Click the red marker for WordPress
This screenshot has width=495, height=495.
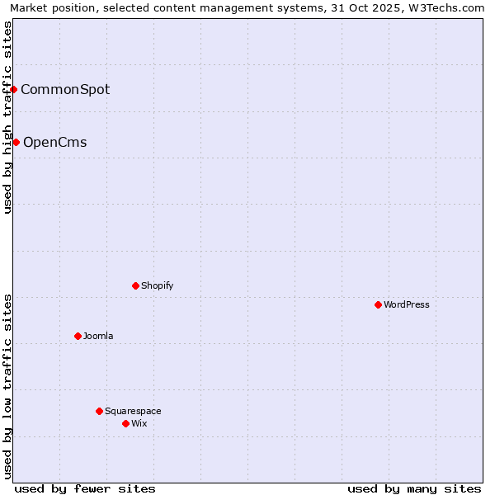379,304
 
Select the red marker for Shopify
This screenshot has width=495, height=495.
135,285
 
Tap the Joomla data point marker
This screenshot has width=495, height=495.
78,336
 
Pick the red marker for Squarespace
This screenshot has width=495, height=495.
100,411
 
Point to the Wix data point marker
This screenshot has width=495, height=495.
125,423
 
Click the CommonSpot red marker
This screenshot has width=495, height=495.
14,89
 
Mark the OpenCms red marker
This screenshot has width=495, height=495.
16,143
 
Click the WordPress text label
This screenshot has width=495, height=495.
407,304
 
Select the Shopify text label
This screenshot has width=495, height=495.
157,285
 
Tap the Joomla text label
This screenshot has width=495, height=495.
98,336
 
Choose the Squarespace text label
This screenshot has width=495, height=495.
133,411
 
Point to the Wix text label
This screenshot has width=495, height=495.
139,423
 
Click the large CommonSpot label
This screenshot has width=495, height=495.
65,89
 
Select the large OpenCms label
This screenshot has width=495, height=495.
54,143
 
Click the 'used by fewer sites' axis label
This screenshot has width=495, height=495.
85,488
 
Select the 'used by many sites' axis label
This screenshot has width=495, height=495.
414,488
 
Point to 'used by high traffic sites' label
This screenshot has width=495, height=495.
8,117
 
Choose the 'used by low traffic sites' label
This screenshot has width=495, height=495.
8,386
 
